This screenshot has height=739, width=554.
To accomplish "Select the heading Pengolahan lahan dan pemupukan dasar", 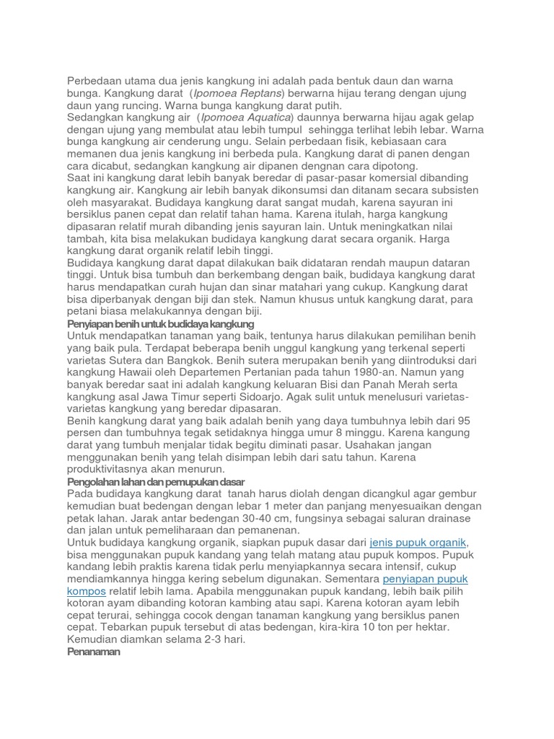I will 156,481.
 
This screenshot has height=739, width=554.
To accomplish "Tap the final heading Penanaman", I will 94,651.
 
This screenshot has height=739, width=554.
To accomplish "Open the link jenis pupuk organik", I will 418,542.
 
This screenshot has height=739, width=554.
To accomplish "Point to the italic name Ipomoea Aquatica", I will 246,117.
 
